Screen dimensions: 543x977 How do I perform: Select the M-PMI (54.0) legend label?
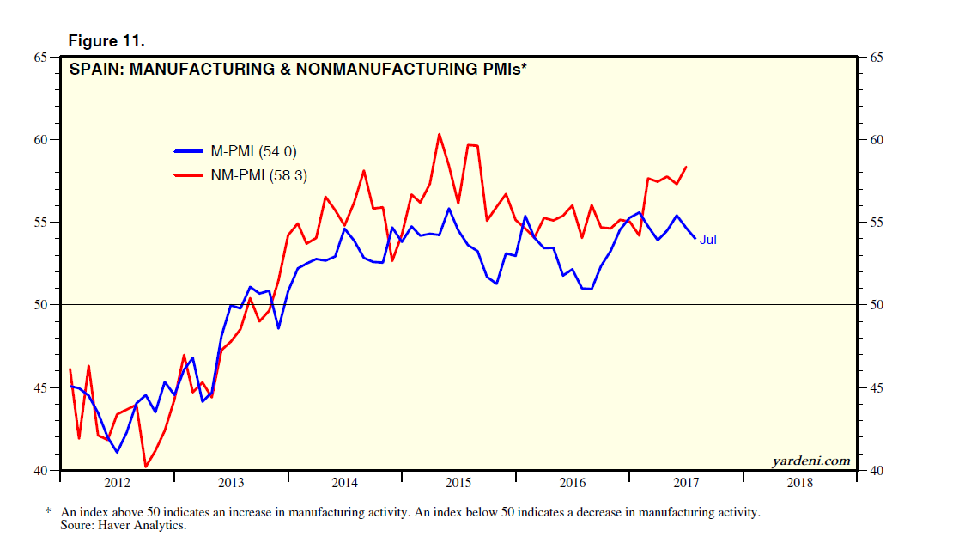253,151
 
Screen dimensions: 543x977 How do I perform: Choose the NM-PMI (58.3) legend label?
258,175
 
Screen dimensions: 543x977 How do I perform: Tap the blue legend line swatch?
189,151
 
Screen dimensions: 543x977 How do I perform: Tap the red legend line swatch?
189,175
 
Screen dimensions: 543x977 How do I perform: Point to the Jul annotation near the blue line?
707,240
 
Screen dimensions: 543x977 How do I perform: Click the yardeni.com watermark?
811,461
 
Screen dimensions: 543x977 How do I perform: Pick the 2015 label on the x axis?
458,484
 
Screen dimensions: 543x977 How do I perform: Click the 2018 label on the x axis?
799,484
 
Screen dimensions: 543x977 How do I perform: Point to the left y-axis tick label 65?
40,58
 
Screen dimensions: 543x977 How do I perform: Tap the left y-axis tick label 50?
40,305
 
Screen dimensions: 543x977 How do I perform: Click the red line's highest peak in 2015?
439,134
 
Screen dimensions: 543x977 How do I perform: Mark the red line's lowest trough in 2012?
145,467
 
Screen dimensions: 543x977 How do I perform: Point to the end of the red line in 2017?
686,167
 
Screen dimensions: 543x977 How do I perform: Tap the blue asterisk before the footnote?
48,512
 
